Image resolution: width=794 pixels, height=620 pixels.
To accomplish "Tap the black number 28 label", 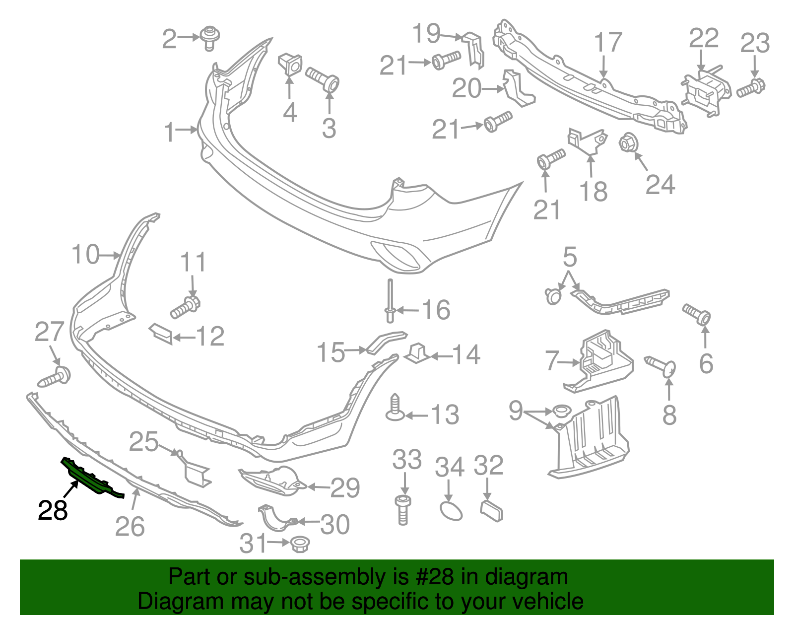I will click(53, 510).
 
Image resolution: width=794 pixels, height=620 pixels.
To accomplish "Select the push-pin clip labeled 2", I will click(210, 38).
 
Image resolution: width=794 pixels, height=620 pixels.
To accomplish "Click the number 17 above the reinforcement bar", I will click(608, 42).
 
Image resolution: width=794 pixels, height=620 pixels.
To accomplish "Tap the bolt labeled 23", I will click(751, 88).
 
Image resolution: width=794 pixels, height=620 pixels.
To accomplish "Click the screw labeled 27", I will click(55, 378).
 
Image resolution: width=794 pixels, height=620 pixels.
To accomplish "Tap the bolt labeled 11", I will click(185, 306).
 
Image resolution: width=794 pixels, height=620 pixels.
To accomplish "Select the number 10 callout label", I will click(85, 255).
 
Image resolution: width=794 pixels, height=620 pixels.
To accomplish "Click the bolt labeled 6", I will click(697, 314).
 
